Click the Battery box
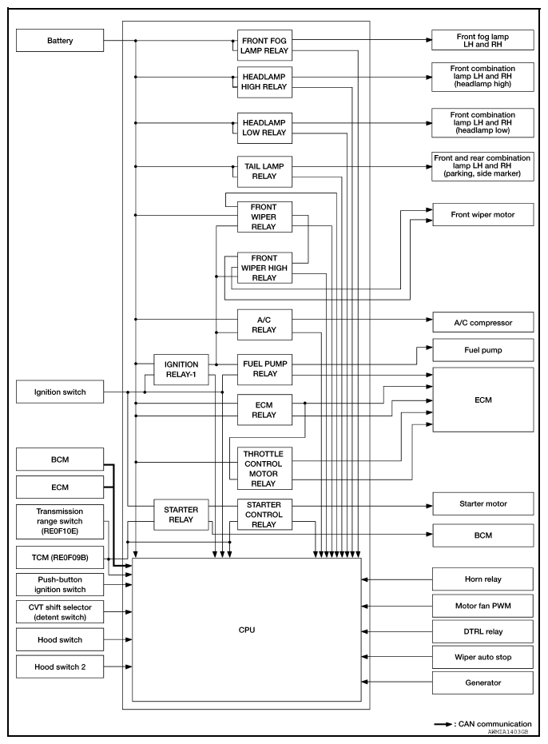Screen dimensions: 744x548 click(61, 41)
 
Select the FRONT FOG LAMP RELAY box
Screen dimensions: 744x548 click(264, 45)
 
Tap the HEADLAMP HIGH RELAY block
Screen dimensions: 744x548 click(264, 82)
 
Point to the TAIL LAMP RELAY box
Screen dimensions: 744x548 click(264, 169)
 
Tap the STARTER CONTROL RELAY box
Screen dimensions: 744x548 click(264, 515)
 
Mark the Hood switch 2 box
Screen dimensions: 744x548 click(61, 666)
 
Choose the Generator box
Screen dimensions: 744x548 click(482, 682)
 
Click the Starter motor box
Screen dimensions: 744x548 click(482, 503)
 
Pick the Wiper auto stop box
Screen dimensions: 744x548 click(482, 656)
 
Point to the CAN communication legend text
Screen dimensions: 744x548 click(496, 724)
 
